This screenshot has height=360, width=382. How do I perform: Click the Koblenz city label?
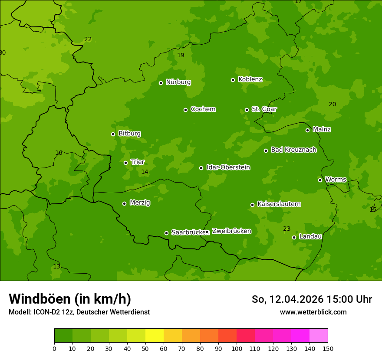point(250,79)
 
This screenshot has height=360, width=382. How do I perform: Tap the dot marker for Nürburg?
point(161,83)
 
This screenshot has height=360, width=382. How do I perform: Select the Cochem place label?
point(203,109)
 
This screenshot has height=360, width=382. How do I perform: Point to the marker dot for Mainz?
point(307,130)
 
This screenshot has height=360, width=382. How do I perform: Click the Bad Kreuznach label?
point(293,150)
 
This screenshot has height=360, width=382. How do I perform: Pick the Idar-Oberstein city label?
point(228,167)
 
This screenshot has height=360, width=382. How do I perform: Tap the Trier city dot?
point(125,163)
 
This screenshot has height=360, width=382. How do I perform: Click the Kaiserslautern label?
point(279,204)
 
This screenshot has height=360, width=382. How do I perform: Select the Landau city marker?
point(294,237)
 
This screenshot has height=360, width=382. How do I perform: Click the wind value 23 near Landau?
point(286,229)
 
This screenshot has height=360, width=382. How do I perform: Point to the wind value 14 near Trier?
point(145,172)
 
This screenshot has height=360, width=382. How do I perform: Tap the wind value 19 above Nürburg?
point(181,55)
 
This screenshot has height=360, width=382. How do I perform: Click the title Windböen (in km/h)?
point(70,299)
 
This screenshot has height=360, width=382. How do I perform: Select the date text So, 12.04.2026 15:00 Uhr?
point(312,299)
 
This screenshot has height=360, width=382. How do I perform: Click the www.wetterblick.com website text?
point(313,312)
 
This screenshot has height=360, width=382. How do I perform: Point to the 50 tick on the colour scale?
point(145,348)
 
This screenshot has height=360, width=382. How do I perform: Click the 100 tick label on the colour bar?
point(237,348)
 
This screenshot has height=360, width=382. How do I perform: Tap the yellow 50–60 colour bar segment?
point(155,336)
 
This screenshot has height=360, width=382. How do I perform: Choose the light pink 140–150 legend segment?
point(319,336)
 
